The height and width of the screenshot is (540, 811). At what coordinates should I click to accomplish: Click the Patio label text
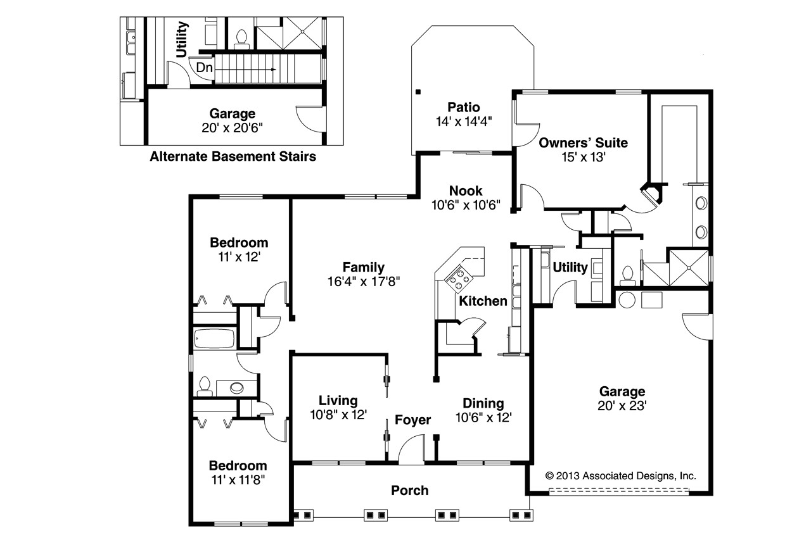coord(464,107)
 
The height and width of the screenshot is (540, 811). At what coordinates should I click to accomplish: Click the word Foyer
coord(412,420)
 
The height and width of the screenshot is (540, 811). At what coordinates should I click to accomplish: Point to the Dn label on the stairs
coord(204,67)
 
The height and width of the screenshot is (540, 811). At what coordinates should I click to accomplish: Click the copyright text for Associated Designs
coord(621,475)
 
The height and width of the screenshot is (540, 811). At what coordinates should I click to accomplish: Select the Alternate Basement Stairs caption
coord(233,156)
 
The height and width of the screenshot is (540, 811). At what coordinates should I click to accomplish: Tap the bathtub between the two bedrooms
coord(214,339)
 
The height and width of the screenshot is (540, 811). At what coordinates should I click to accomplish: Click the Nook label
coord(466,191)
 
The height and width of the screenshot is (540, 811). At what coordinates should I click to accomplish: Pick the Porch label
coord(409,490)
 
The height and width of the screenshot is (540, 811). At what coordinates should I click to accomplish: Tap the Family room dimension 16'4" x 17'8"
coord(364,282)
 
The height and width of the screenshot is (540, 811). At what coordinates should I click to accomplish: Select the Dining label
coord(483,403)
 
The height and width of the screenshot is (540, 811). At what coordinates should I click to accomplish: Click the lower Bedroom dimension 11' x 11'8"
coord(239,479)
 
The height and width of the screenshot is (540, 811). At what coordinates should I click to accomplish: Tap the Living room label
coord(338,401)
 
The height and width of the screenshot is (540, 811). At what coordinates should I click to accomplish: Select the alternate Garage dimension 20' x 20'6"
coord(233,127)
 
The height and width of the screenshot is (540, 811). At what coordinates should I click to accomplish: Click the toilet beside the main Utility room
coord(629,273)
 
